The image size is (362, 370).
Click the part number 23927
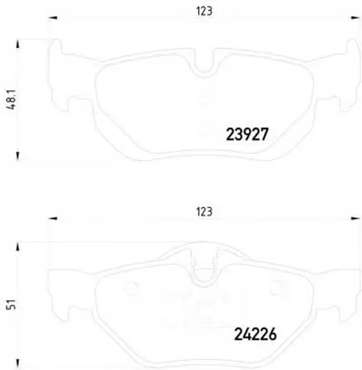click(x=247, y=135)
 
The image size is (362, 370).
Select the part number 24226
click(x=255, y=334)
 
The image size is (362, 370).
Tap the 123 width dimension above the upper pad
click(x=205, y=11)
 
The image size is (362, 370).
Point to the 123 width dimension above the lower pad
click(x=205, y=212)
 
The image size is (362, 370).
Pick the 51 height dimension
click(x=12, y=305)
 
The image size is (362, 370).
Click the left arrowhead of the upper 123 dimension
click(x=52, y=18)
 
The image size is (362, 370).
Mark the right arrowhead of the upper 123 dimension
click(x=355, y=18)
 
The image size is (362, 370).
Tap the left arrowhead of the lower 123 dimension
click(x=52, y=218)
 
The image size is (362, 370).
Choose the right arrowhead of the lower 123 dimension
click(x=355, y=218)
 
